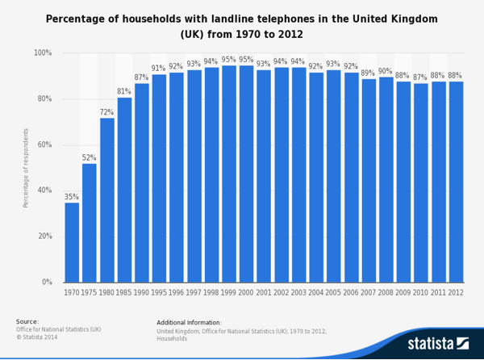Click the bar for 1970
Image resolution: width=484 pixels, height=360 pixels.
[72, 242]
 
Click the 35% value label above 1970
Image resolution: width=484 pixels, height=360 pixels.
[72, 197]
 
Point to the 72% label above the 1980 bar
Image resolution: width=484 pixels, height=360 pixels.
[106, 112]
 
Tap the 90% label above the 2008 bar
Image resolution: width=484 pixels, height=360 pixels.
[386, 71]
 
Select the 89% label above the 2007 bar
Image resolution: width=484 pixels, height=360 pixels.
[368, 73]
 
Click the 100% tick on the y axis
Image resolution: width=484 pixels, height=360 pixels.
[43, 53]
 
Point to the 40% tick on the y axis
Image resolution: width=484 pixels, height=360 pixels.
[44, 190]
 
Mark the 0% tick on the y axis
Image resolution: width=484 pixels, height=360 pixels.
[47, 283]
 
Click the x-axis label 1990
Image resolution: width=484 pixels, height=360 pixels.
[141, 292]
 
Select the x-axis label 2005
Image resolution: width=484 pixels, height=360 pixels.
[333, 292]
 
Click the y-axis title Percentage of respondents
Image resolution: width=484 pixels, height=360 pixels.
[26, 168]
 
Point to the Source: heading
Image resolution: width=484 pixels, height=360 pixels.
[27, 321]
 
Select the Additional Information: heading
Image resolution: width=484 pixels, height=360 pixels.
[189, 322]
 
